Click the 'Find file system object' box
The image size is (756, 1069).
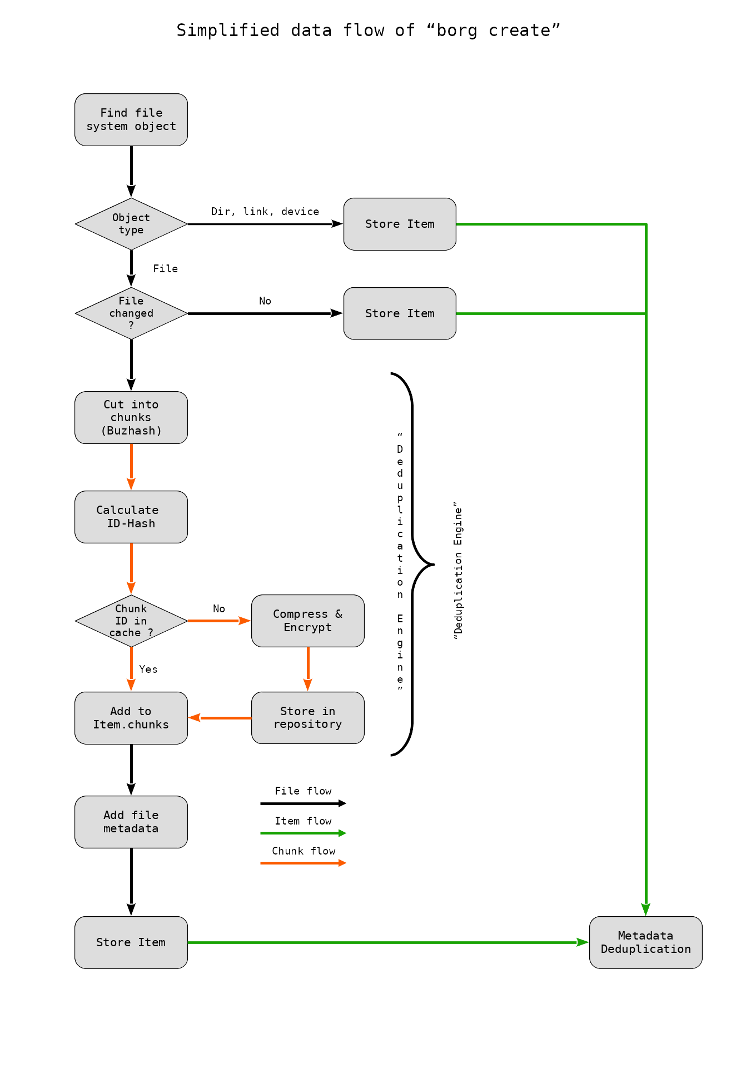[131, 119]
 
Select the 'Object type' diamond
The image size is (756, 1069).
[131, 224]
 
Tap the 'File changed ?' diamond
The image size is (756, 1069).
[131, 313]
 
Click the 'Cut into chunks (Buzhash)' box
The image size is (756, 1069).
[131, 417]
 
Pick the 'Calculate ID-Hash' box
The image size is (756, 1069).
[131, 517]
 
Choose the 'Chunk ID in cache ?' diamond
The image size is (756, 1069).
[131, 621]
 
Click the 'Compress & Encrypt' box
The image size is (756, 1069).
[308, 621]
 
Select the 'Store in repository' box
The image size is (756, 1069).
[308, 718]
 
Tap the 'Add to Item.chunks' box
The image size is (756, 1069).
[131, 718]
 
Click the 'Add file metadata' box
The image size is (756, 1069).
[131, 822]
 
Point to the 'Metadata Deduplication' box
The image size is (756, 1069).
[645, 942]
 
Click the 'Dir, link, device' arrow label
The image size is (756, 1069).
[265, 212]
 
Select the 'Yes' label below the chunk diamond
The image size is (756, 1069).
[148, 670]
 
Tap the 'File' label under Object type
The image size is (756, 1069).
[166, 269]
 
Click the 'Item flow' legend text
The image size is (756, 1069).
[303, 821]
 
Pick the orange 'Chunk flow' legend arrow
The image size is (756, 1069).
[303, 863]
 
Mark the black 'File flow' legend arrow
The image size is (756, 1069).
[303, 803]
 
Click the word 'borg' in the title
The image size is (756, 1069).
[456, 31]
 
